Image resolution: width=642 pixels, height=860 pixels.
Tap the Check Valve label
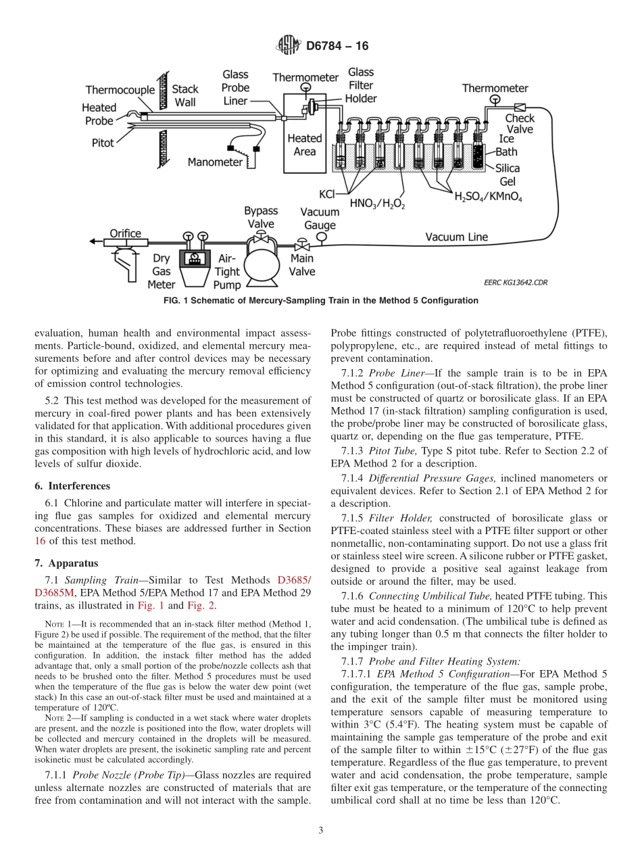[x=520, y=124]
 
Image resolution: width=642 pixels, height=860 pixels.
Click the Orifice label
[x=126, y=234]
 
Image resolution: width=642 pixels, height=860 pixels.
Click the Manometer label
[x=215, y=162]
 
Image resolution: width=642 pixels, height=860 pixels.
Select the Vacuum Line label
[x=456, y=237]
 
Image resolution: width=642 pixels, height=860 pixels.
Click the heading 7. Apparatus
[x=66, y=563]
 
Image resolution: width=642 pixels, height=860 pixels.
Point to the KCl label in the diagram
[x=327, y=195]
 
